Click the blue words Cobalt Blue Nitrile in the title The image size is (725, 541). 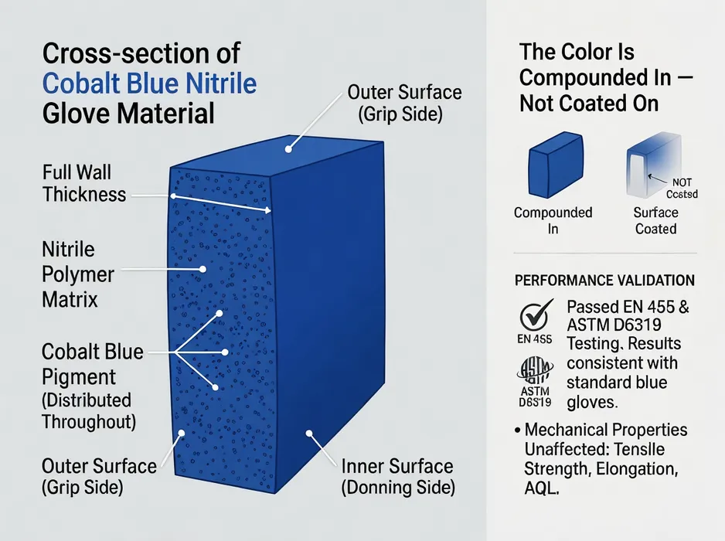point(150,83)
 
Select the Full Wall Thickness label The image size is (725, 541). point(84,183)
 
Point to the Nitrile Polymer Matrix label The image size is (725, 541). point(77,274)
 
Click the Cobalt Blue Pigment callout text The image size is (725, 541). point(92,364)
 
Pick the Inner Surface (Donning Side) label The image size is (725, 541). point(398,477)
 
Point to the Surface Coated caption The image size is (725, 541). point(655,220)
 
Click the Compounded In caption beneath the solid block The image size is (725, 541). point(553,220)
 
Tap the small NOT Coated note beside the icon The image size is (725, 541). point(681,189)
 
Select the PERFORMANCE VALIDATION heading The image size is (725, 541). point(604,280)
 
